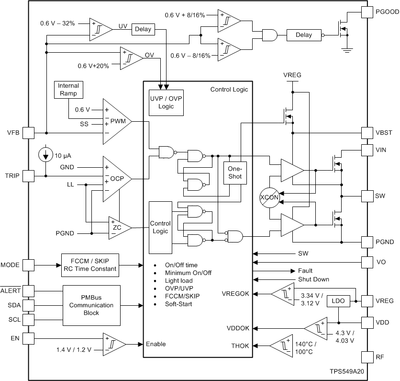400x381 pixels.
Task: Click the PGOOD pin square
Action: (367, 12)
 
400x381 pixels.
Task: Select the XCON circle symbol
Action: (269, 197)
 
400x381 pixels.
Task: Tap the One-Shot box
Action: (235, 173)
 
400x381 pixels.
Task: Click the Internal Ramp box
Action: (68, 89)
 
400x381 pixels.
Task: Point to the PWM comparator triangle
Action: (117, 122)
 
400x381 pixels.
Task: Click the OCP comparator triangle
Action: (117, 179)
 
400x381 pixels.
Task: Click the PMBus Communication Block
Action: (91, 305)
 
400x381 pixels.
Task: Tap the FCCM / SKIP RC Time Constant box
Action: (90, 265)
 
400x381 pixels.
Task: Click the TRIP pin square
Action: (29, 176)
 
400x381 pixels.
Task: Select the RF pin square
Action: (367, 357)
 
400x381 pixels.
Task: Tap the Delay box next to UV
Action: (143, 29)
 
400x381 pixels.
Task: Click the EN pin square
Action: (29, 338)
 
